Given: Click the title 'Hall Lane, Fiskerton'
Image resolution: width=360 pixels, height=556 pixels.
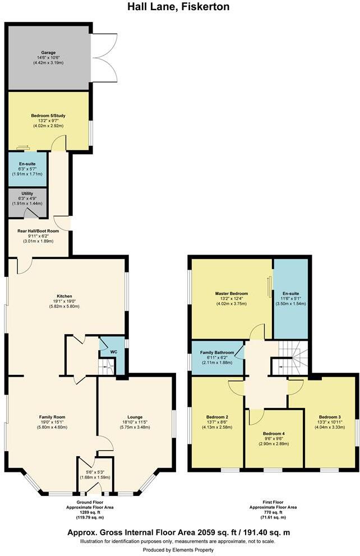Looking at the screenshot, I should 178,7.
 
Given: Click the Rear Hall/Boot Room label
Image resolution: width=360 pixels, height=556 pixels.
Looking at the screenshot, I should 38,231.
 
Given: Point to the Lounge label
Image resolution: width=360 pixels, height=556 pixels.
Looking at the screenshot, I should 135,417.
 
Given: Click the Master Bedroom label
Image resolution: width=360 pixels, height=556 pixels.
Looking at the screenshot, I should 232,294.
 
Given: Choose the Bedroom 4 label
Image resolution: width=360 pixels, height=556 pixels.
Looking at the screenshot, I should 275,433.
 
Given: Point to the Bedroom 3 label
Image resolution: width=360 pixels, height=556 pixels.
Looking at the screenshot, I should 330,418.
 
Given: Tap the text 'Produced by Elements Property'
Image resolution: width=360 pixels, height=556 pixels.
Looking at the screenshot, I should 178,550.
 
